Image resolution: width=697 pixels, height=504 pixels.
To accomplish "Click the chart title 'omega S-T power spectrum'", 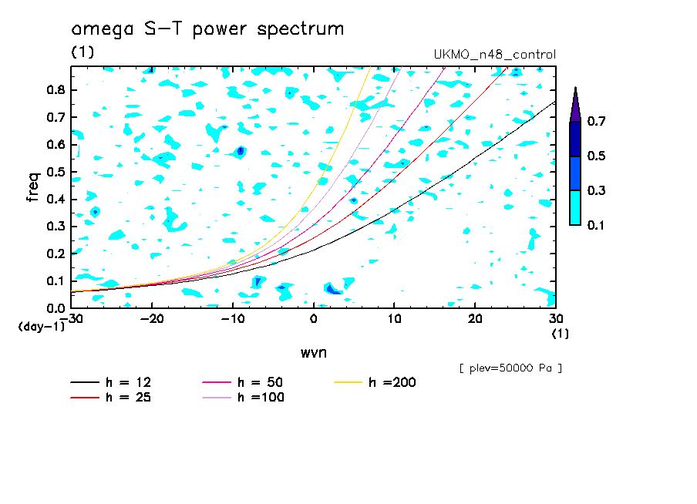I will pyautogui.click(x=207, y=29).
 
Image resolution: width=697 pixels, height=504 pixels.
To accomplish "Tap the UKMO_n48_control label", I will pyautogui.click(x=495, y=55).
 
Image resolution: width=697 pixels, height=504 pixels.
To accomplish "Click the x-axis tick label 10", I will pyautogui.click(x=394, y=319).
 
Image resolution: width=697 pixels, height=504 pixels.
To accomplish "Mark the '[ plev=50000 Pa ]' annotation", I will pyautogui.click(x=510, y=368).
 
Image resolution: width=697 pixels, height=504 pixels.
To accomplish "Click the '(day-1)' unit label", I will pyautogui.click(x=42, y=327).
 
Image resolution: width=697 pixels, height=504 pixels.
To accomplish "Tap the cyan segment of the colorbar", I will pyautogui.click(x=575, y=207).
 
